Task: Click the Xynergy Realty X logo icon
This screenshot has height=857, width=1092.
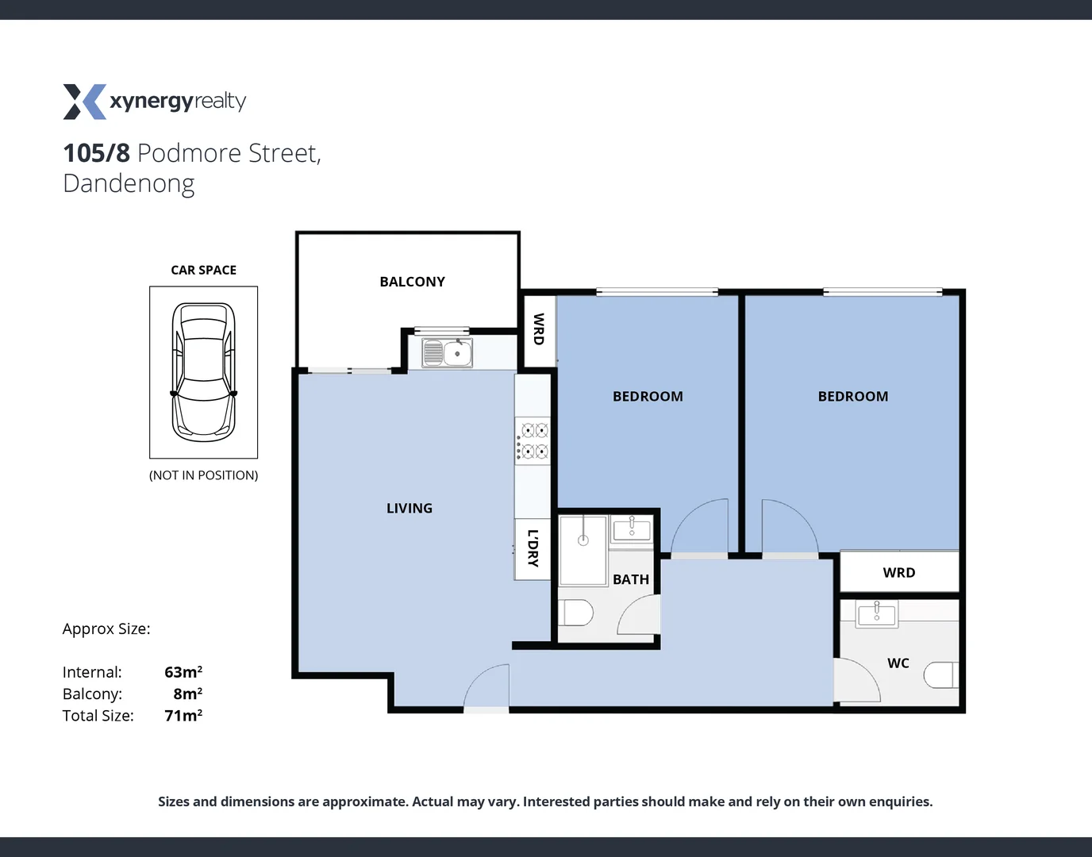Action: click(x=84, y=102)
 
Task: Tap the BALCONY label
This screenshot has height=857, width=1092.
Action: click(x=412, y=282)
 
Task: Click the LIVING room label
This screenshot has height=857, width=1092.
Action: click(x=409, y=508)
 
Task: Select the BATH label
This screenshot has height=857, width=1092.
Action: click(x=631, y=579)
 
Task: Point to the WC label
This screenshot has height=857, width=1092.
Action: click(x=898, y=663)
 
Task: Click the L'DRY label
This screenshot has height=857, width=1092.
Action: click(x=533, y=548)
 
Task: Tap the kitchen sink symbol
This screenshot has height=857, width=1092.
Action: click(x=448, y=352)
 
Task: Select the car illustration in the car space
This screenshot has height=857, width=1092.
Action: click(x=204, y=371)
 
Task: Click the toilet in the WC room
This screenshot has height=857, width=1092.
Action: click(x=942, y=674)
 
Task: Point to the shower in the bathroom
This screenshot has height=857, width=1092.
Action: click(x=583, y=549)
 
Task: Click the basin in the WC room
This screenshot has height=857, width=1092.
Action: click(x=877, y=614)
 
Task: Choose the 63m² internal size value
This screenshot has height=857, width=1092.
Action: click(x=183, y=672)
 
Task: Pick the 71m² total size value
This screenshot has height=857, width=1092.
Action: click(x=183, y=716)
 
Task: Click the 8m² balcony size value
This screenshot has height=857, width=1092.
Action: click(x=188, y=694)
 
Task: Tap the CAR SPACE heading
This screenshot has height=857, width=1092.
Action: click(x=204, y=270)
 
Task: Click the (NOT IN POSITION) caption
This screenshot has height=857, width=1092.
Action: click(x=204, y=475)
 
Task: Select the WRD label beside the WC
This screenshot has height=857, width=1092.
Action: click(x=898, y=572)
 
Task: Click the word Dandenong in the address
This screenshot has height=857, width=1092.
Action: click(x=129, y=183)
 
